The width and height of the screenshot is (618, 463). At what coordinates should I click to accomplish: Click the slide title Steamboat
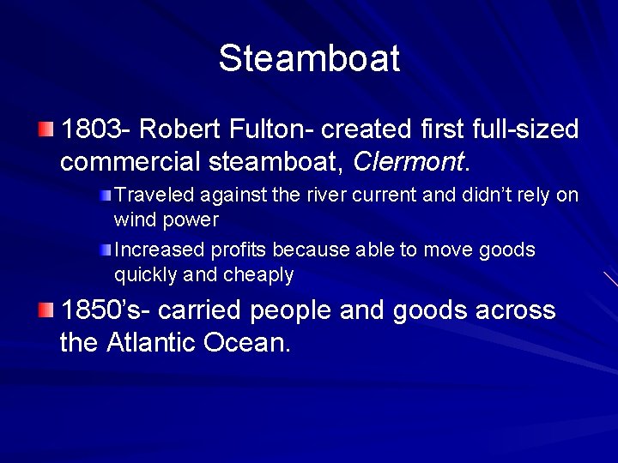pos(309,59)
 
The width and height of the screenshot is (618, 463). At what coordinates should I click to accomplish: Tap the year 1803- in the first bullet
pos(95,130)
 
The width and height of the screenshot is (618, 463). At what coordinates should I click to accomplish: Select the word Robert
pos(179,130)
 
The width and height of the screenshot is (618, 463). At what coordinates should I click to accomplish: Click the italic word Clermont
pos(409,160)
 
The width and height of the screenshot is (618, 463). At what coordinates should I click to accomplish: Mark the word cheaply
pos(258,275)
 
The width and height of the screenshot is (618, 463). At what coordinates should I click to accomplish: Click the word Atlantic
pos(152,342)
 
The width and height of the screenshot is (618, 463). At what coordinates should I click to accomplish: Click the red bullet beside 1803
pos(45,129)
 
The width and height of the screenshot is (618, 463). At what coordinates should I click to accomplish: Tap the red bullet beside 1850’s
pos(45,310)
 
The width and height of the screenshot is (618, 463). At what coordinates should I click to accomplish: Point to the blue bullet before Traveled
pos(106,195)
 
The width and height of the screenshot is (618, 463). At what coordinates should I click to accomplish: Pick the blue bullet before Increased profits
pos(106,250)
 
